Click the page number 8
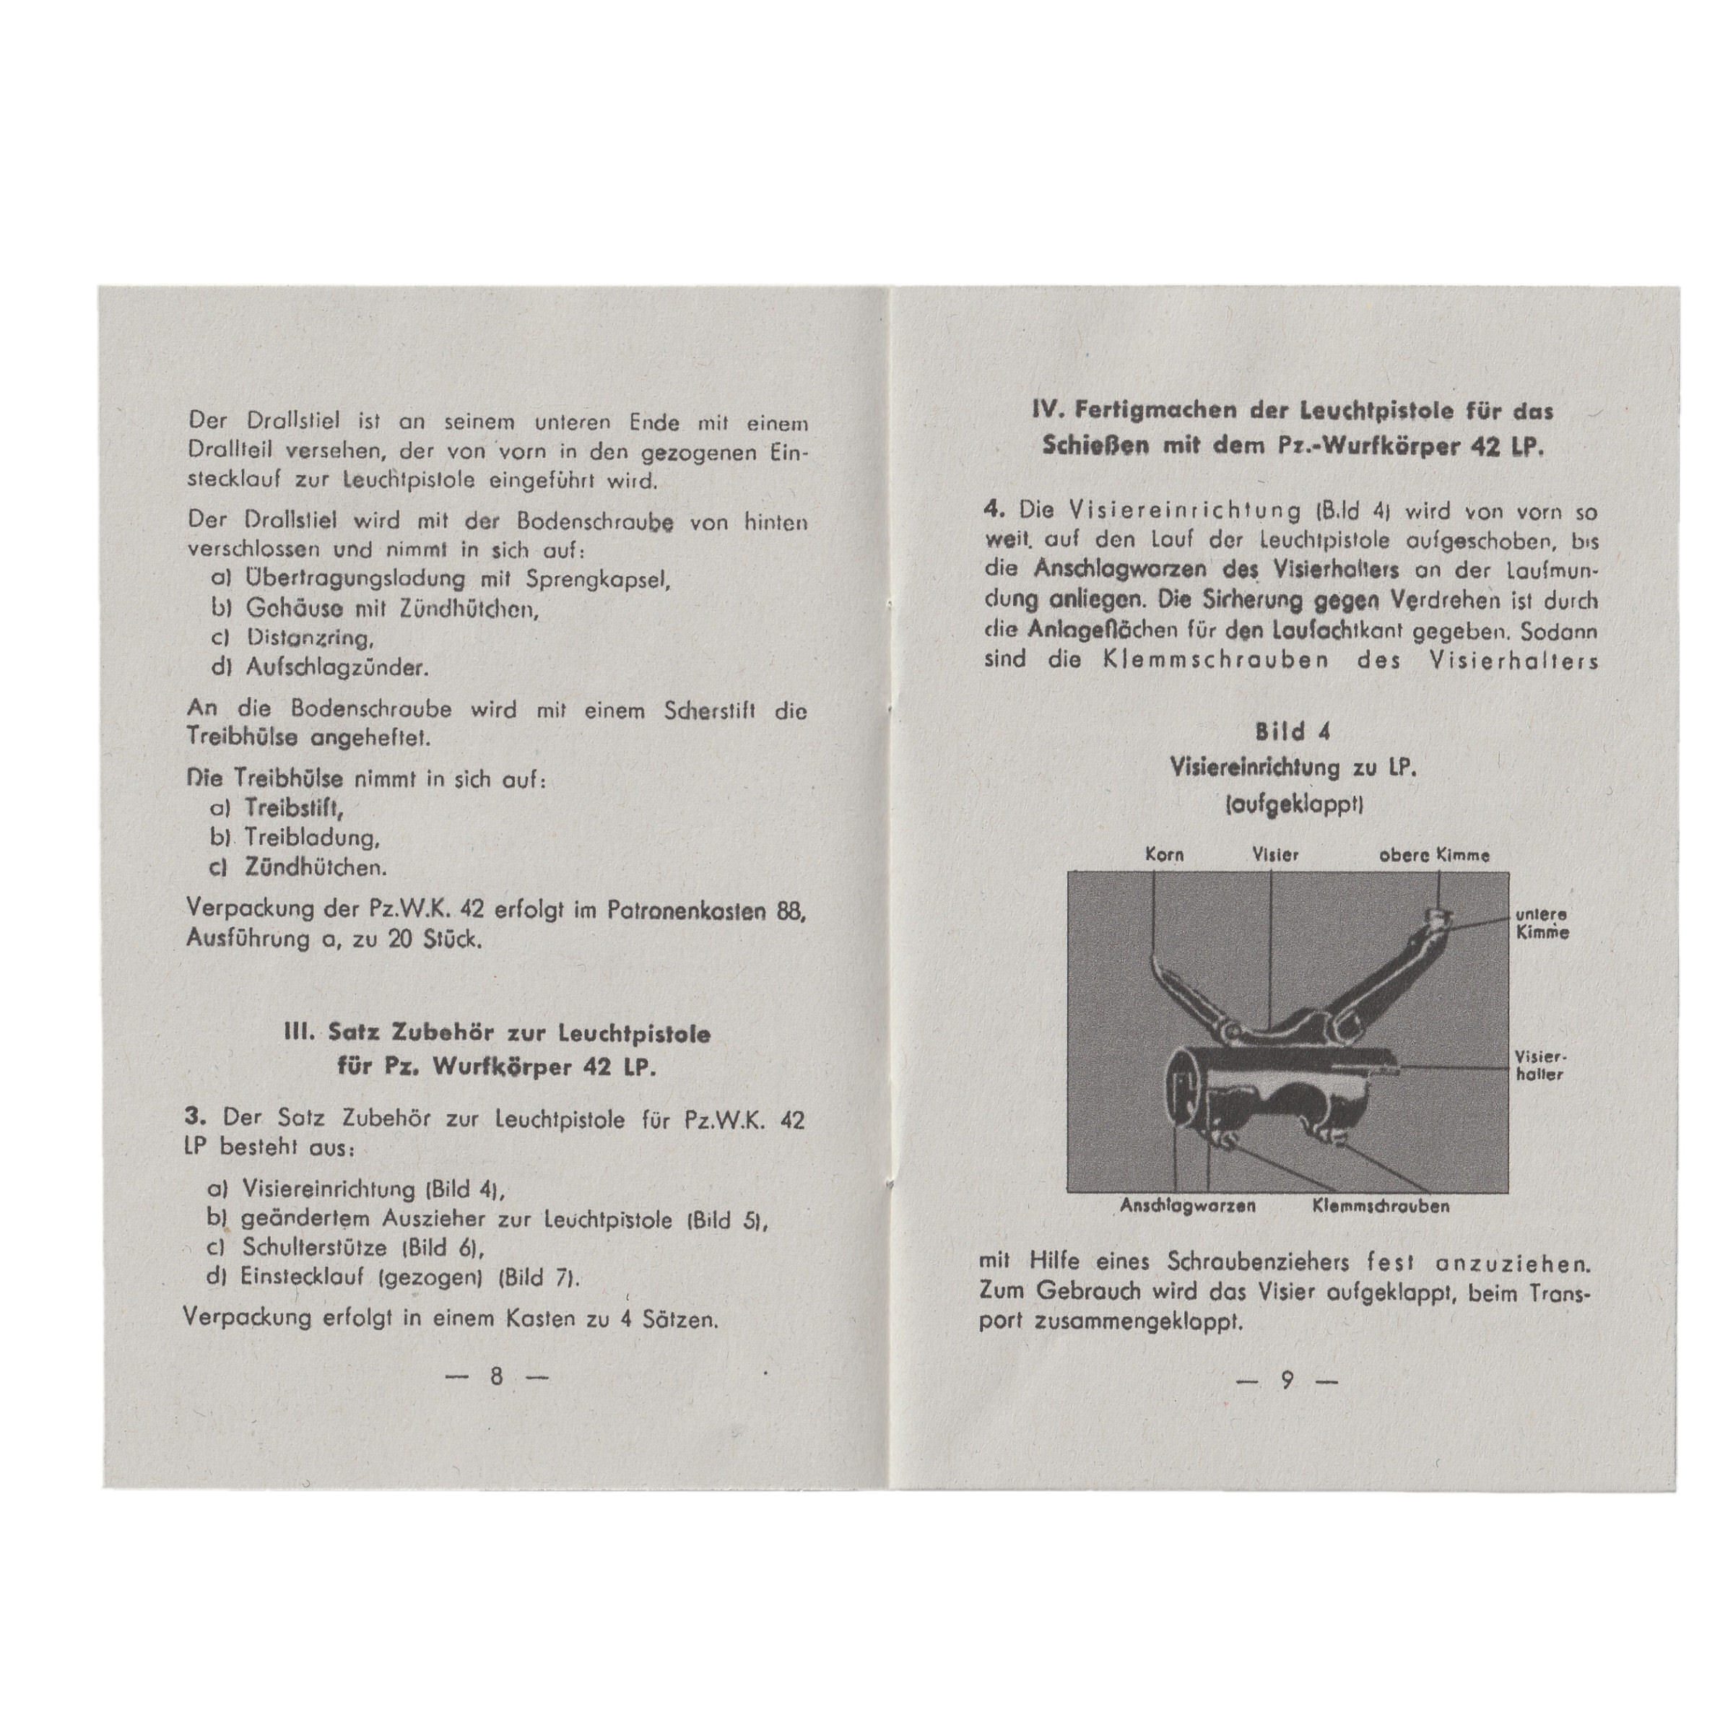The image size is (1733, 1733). pyautogui.click(x=496, y=1377)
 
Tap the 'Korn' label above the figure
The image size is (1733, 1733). pyautogui.click(x=1164, y=855)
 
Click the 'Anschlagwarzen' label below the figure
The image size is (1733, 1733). pyautogui.click(x=1189, y=1207)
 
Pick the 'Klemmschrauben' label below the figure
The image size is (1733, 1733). pyautogui.click(x=1381, y=1207)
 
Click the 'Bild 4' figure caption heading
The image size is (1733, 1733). pyautogui.click(x=1293, y=732)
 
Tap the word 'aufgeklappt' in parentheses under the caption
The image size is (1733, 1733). pyautogui.click(x=1293, y=804)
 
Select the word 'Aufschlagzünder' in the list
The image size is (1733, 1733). pyautogui.click(x=336, y=668)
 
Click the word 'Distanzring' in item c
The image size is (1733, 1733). pyautogui.click(x=308, y=638)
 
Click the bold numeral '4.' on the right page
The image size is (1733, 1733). pyautogui.click(x=994, y=508)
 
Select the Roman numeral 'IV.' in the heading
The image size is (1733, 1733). pyautogui.click(x=1048, y=411)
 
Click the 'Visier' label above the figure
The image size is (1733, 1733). pyautogui.click(x=1274, y=855)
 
